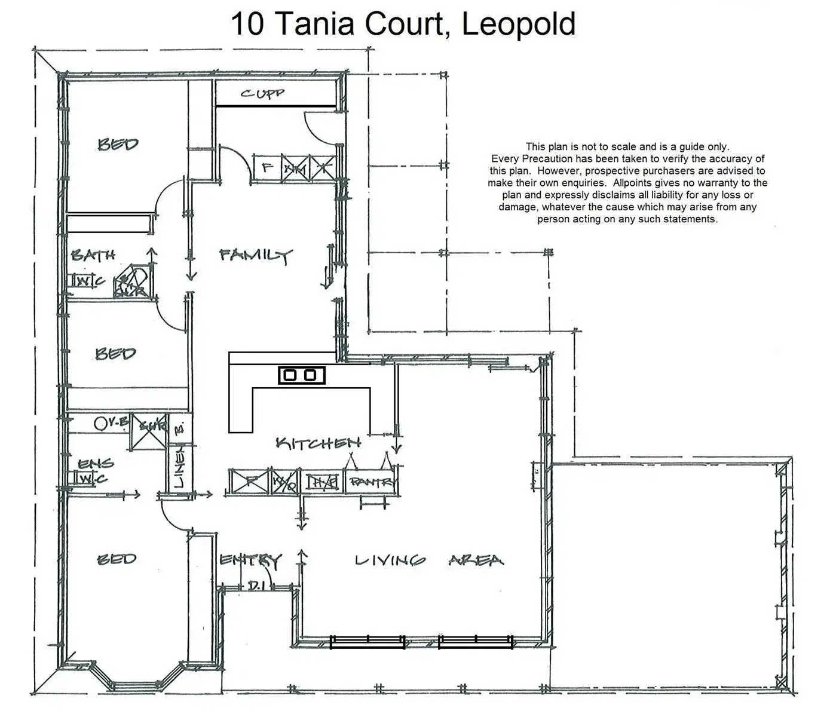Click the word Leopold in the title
coord(518,24)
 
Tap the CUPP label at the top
coord(262,94)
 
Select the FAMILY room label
coord(255,256)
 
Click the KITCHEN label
coord(318,443)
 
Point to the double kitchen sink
coord(302,375)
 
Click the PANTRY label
coord(372,482)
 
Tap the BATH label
coord(93,256)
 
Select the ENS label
coord(96,463)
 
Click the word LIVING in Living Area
coord(390,560)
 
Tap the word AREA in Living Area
coord(476,560)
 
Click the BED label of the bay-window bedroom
coord(117,559)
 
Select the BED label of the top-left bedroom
coord(118,144)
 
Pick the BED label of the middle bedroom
coord(115,354)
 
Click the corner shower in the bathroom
coord(133,283)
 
